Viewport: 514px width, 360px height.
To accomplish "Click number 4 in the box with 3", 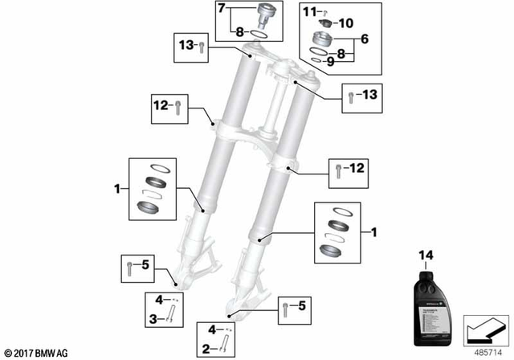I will coord(158,301).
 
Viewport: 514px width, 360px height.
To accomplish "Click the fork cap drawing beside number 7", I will coord(263,15).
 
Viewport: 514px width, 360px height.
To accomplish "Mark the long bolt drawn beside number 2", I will coord(225,346).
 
